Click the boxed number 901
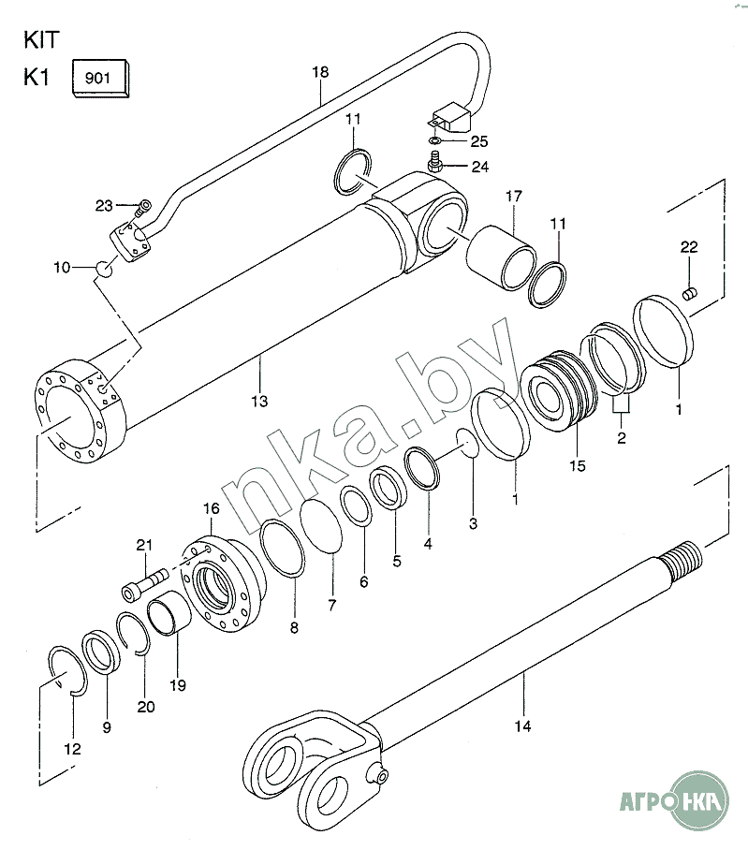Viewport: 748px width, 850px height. pyautogui.click(x=97, y=78)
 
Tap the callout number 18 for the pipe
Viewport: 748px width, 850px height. pyautogui.click(x=320, y=71)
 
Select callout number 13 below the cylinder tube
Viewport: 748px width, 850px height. pyautogui.click(x=259, y=402)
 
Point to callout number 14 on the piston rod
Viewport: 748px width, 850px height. pyautogui.click(x=522, y=725)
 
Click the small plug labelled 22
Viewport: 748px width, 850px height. pyautogui.click(x=689, y=294)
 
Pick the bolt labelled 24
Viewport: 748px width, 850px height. pyautogui.click(x=435, y=162)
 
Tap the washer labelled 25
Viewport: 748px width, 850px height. pyautogui.click(x=434, y=141)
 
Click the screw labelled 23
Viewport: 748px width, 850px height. pyautogui.click(x=143, y=208)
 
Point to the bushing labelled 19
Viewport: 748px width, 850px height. pyautogui.click(x=169, y=612)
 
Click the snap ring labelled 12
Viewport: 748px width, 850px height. pyautogui.click(x=67, y=671)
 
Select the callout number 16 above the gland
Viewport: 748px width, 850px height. pyautogui.click(x=212, y=508)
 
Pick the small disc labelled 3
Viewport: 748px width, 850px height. pyautogui.click(x=467, y=441)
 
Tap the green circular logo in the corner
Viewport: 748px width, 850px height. pyautogui.click(x=699, y=800)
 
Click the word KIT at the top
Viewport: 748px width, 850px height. pyautogui.click(x=41, y=40)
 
